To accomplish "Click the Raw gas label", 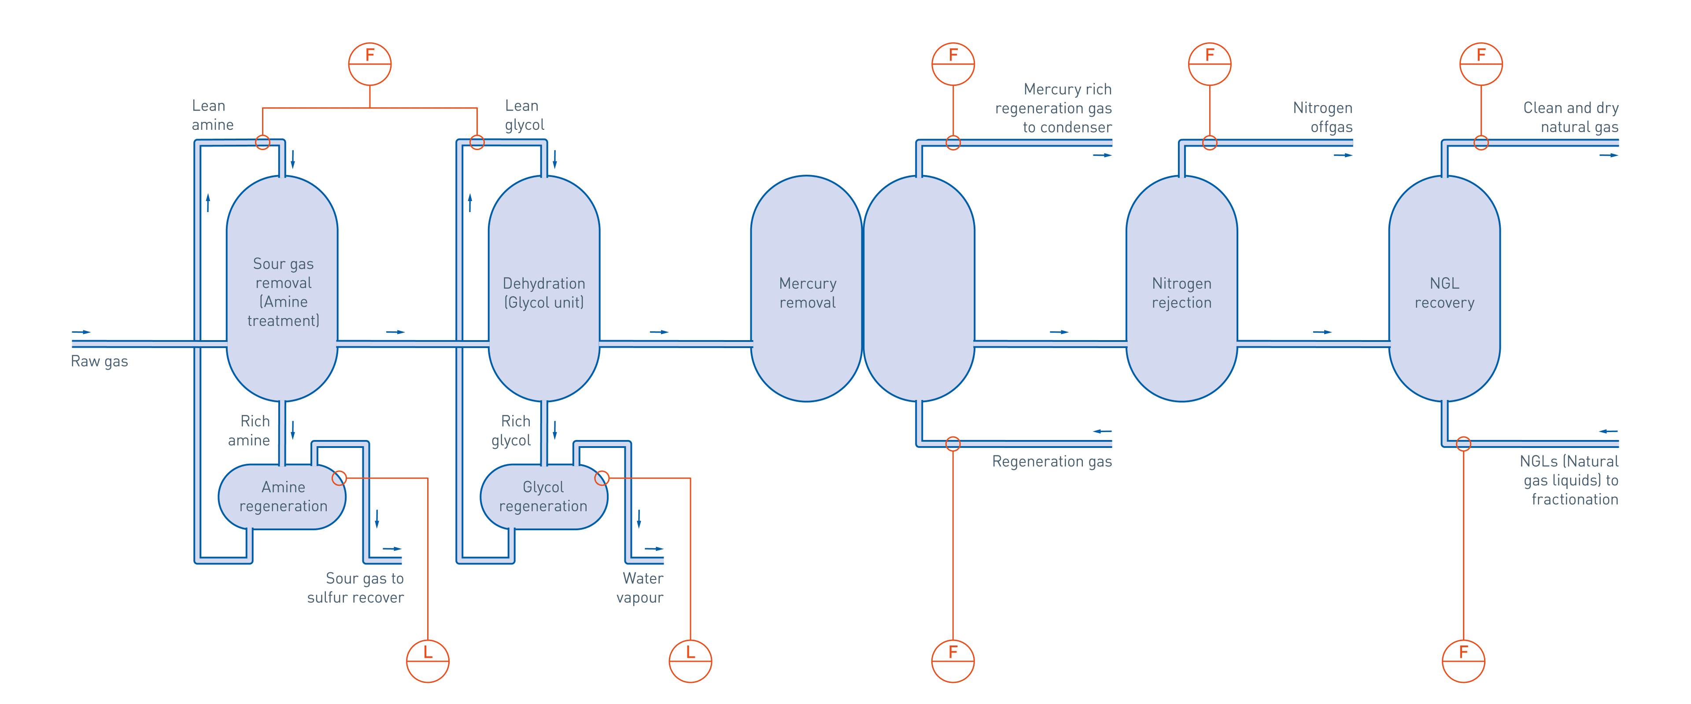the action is click(99, 362).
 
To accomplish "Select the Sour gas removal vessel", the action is click(282, 289).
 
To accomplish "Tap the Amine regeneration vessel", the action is click(282, 497).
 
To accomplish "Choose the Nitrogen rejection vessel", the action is click(1181, 289).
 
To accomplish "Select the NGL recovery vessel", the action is click(1444, 289).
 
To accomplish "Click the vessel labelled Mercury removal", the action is click(807, 289).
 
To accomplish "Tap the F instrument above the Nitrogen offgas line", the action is click(1210, 64).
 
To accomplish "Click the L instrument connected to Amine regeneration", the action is click(428, 661).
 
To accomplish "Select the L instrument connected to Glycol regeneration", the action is click(690, 661).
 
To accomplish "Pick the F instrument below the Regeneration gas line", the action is click(953, 661).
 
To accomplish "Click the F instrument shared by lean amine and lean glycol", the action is click(369, 64).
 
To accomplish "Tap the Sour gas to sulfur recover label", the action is click(356, 588).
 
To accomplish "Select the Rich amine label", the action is click(249, 430).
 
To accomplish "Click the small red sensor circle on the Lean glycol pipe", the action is click(477, 143).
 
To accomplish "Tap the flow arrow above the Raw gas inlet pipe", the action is click(81, 332).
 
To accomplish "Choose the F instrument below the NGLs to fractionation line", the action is click(1463, 661).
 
